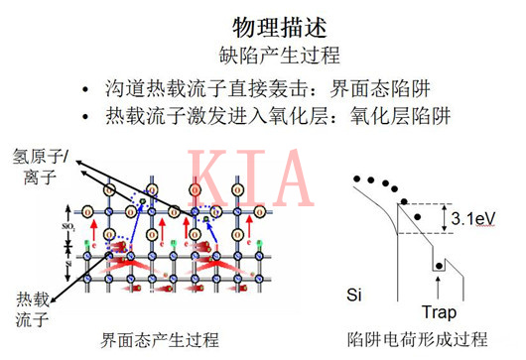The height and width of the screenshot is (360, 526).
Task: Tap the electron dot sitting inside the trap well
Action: [437, 266]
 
